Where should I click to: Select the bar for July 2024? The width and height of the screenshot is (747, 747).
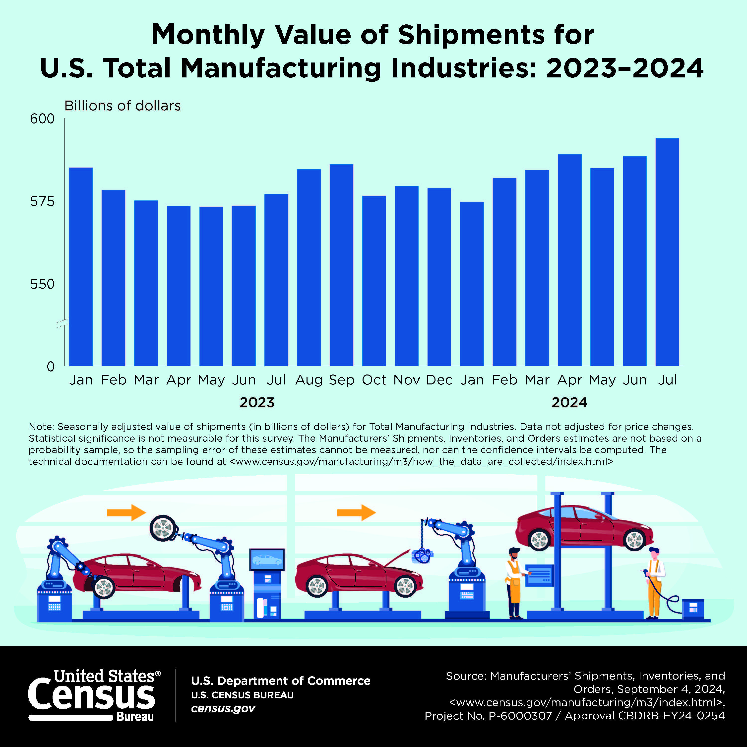tap(667, 251)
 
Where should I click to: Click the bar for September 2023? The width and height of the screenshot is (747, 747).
tap(341, 265)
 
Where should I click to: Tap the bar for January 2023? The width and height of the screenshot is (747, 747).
tap(81, 266)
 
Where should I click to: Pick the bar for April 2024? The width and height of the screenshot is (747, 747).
tap(569, 260)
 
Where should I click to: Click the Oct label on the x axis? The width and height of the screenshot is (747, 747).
tap(374, 380)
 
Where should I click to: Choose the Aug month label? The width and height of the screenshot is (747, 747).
tap(309, 380)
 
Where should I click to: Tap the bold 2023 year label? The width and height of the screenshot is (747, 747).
tap(257, 402)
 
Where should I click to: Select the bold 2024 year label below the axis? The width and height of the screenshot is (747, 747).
tap(569, 402)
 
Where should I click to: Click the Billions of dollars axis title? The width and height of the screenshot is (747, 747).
tap(122, 106)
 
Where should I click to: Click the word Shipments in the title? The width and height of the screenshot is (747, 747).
tap(471, 35)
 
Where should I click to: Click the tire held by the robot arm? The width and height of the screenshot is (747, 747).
tap(164, 528)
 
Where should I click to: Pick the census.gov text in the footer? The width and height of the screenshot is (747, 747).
tap(223, 708)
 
